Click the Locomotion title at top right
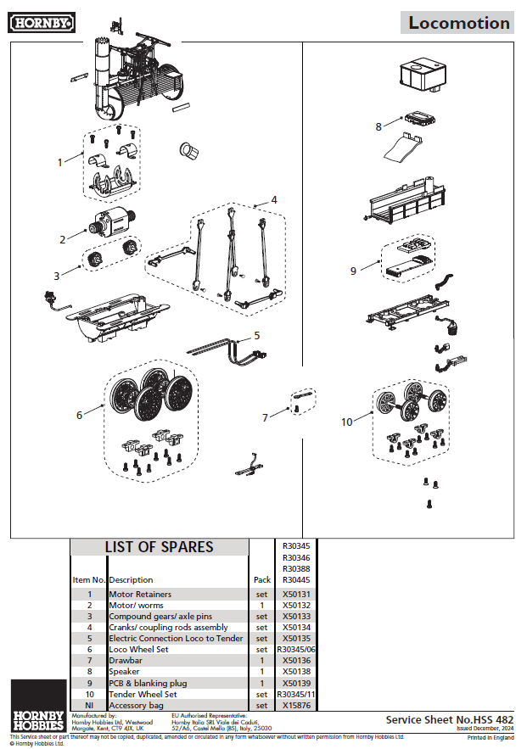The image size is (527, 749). click(459, 23)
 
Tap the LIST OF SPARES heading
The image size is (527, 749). click(159, 547)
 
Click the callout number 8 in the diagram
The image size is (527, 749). click(378, 126)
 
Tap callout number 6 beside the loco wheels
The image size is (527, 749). click(79, 415)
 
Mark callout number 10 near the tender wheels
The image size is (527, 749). click(346, 422)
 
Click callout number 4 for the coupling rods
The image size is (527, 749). click(273, 199)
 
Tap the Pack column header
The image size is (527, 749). click(261, 580)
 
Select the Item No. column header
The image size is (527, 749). click(88, 580)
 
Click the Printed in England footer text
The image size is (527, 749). click(491, 738)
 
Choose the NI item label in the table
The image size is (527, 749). click(88, 705)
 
